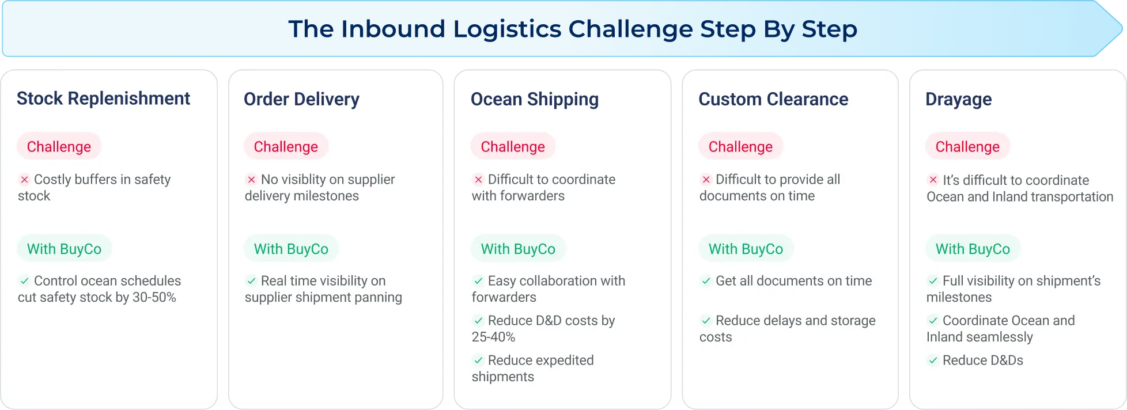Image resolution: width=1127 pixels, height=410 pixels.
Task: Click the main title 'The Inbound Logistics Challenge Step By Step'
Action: tap(573, 29)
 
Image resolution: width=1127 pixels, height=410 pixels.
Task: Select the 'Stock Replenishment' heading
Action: tap(103, 98)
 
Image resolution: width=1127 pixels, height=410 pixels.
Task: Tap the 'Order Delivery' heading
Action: tap(301, 99)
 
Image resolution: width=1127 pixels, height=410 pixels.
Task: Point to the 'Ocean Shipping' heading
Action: tap(535, 99)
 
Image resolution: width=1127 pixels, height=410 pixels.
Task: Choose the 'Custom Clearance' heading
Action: tap(773, 99)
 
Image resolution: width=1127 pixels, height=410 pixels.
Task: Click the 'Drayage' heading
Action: tap(958, 99)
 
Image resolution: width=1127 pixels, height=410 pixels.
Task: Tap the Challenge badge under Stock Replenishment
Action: tap(59, 146)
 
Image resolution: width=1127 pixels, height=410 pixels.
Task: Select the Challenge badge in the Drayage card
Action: tap(967, 146)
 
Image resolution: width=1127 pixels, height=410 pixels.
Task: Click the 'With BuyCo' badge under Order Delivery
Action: tap(291, 249)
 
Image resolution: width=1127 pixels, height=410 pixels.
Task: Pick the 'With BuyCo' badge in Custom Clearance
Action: tap(746, 249)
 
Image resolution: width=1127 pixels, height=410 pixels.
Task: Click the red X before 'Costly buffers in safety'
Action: tap(24, 180)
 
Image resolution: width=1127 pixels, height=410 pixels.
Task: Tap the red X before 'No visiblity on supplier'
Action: tap(251, 180)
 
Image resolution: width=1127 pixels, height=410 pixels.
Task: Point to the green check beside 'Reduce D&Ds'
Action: tap(933, 360)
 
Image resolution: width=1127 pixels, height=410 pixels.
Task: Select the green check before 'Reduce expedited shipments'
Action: tap(478, 360)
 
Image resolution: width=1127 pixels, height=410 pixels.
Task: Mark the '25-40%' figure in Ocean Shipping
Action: tap(493, 337)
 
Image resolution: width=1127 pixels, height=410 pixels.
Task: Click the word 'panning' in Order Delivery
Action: tap(375, 298)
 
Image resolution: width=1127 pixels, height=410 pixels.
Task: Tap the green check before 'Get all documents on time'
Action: tap(706, 281)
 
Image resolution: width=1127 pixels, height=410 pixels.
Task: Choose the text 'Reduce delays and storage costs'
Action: tap(788, 328)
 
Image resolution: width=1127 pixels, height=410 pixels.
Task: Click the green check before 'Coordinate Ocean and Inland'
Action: tap(933, 321)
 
